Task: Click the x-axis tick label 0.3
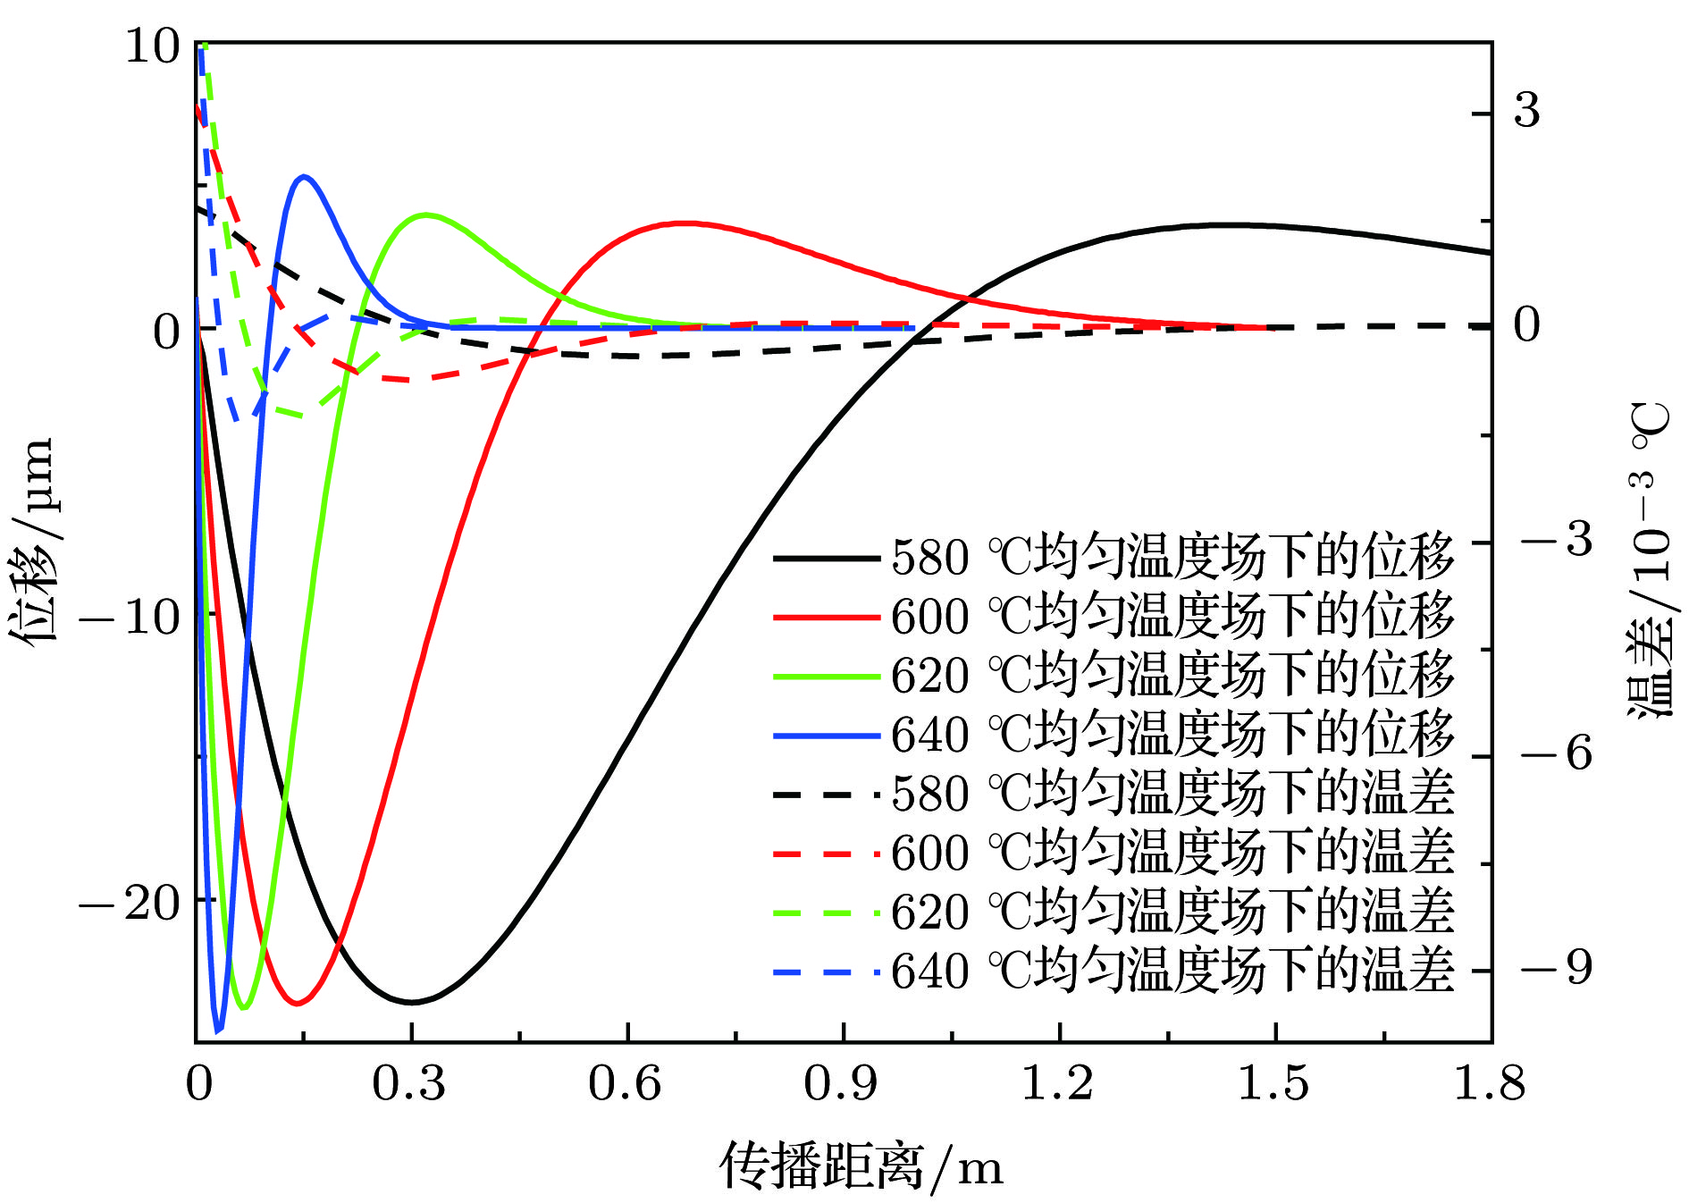408,1084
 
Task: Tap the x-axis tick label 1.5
1273,1084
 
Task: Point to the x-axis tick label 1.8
1489,1084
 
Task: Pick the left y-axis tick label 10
152,46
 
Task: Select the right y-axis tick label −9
1556,968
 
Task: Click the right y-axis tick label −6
1556,753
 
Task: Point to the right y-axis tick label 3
1527,111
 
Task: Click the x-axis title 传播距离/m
861,1165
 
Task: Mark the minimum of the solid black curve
410,1002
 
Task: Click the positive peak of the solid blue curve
305,176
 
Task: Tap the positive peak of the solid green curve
426,215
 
